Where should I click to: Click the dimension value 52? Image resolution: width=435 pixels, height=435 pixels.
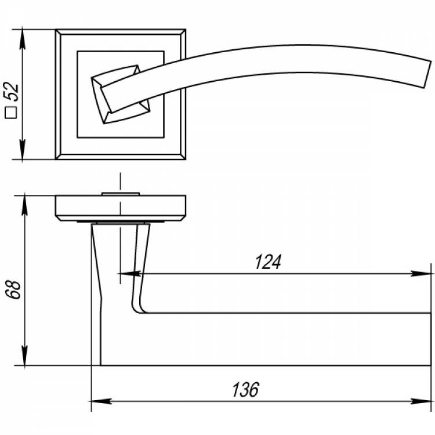(x=12, y=92)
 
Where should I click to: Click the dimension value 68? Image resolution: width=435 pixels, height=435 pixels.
(x=13, y=289)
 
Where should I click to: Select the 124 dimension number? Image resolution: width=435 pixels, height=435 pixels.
(x=268, y=262)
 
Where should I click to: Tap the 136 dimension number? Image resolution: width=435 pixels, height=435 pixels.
(x=245, y=390)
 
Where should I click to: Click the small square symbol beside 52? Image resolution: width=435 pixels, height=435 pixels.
(x=11, y=113)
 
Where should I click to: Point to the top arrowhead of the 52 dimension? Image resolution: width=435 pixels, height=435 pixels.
(x=23, y=39)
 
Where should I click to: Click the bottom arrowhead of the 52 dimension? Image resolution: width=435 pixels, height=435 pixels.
(x=23, y=150)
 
